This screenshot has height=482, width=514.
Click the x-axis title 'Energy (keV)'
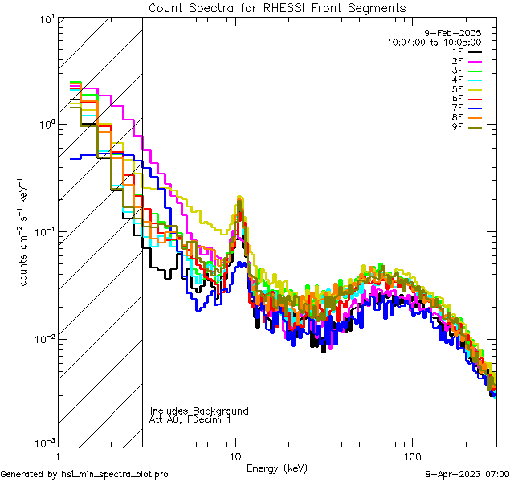(276, 468)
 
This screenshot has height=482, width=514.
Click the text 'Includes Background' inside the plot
(199, 411)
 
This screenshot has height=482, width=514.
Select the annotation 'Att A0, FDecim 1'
(190, 419)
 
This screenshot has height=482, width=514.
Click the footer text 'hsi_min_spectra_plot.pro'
(115, 475)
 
